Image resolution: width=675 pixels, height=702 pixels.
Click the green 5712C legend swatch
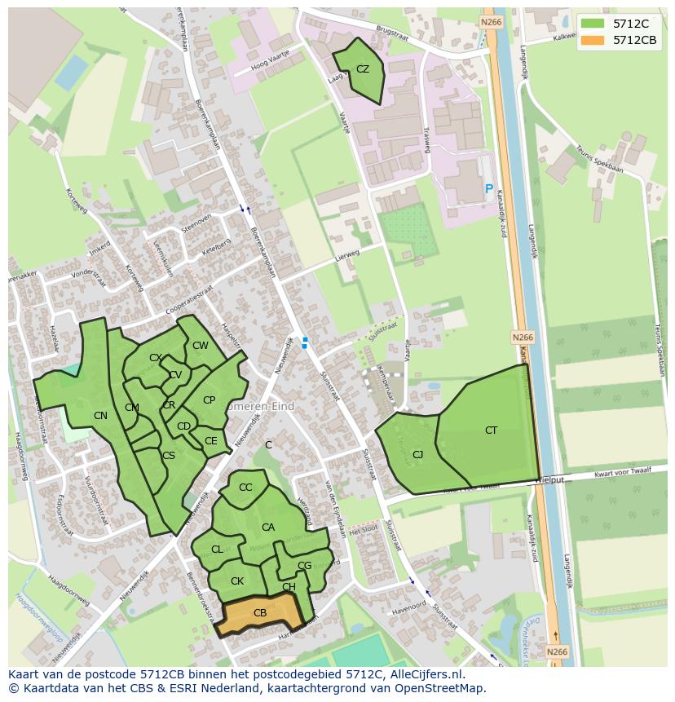pos(593,24)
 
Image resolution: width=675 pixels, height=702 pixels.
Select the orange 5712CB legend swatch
pos(593,40)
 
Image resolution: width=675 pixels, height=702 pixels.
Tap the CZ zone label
pos(363,69)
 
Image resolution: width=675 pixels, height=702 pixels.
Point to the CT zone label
pos(491,430)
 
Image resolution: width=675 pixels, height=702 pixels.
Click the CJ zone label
pos(417,455)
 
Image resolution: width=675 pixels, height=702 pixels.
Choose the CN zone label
pos(100,416)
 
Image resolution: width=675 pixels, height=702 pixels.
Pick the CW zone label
pos(201,346)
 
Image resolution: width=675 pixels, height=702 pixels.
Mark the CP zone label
pos(209,400)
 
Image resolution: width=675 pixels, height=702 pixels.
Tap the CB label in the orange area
pos(260,613)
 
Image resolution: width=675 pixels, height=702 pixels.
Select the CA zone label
pos(268,528)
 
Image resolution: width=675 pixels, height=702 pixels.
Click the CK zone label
pos(237,581)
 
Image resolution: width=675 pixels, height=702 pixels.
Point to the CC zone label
pos(245,488)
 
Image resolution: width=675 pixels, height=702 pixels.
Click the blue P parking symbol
pos(489,189)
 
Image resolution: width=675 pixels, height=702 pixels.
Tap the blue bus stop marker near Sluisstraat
pos(305,343)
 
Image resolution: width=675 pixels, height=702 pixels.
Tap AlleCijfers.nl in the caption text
pos(423,674)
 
